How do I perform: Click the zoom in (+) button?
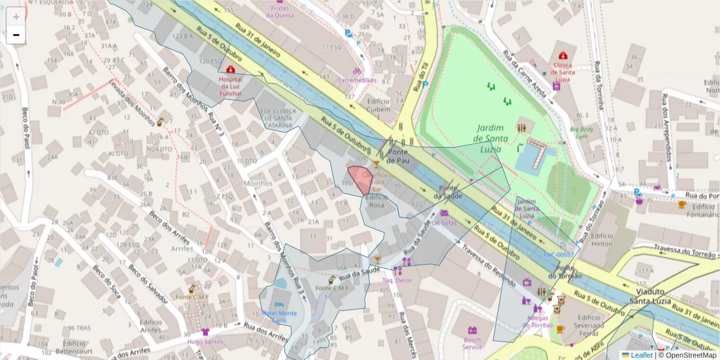pyautogui.click(x=16, y=17)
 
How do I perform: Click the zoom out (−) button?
pyautogui.click(x=16, y=35)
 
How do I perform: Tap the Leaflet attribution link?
pyautogui.click(x=637, y=355)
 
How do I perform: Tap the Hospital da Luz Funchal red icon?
pyautogui.click(x=231, y=70)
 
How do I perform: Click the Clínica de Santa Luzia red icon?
pyautogui.click(x=564, y=56)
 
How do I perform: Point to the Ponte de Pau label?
pyautogui.click(x=398, y=157)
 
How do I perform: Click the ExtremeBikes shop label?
pyautogui.click(x=358, y=80)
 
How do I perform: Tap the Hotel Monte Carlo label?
pyautogui.click(x=279, y=317)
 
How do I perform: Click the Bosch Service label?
pyautogui.click(x=472, y=343)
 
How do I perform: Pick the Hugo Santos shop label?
pyautogui.click(x=205, y=342)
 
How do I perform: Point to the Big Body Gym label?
pyautogui.click(x=581, y=132)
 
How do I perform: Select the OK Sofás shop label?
pyautogui.click(x=443, y=223)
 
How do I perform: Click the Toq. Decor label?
pyautogui.click(x=397, y=280)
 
